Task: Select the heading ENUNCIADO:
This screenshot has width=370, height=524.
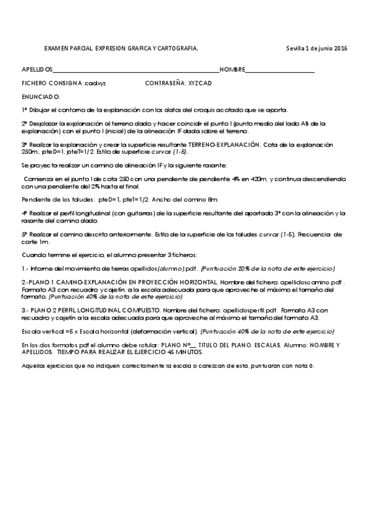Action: [41, 96]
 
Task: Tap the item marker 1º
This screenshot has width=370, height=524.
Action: [25, 110]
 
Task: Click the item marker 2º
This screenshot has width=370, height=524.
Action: [25, 124]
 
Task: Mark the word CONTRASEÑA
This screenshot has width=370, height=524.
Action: [165, 82]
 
